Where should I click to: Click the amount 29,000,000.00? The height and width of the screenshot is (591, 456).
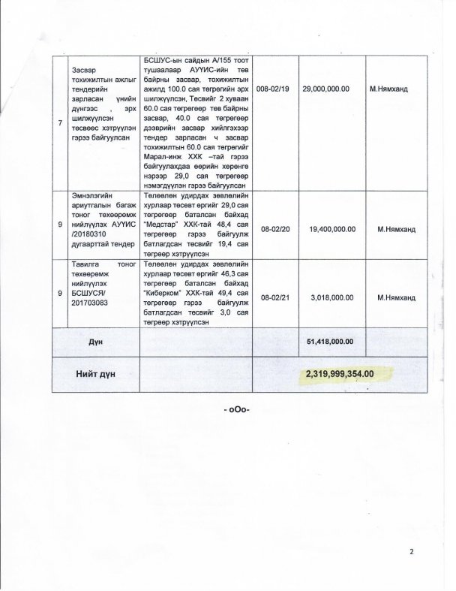click(x=325, y=88)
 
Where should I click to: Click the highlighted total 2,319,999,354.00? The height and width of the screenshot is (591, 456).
click(x=349, y=372)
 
